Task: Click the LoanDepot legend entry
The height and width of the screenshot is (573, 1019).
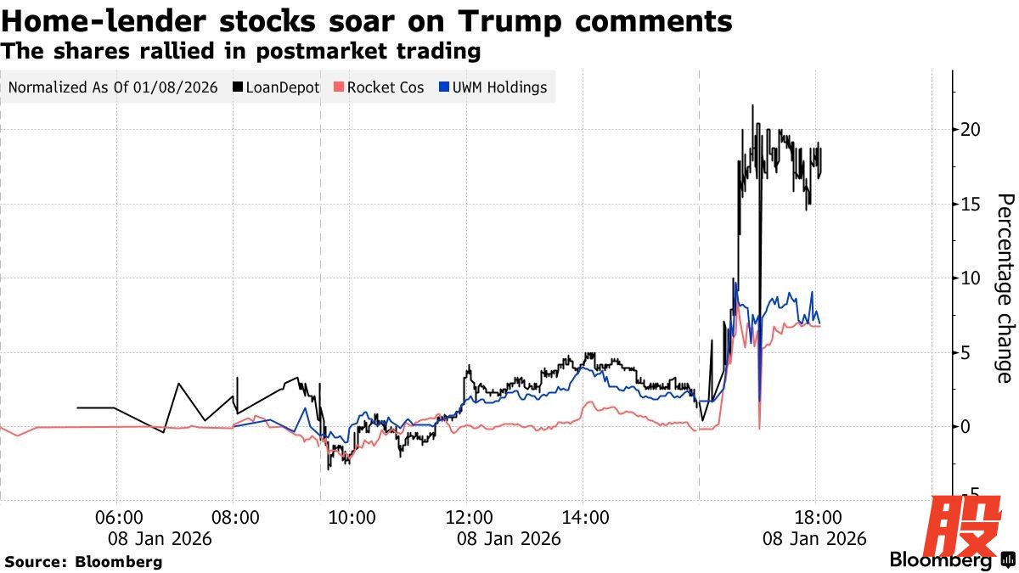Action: point(281,87)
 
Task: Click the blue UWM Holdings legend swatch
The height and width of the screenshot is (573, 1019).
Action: point(444,87)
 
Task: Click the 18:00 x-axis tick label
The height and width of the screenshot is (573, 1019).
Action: point(817,517)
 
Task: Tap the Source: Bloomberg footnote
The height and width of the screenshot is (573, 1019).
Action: point(83,561)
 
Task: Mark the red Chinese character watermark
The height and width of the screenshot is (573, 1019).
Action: point(962,528)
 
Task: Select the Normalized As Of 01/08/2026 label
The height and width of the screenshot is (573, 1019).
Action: point(113,87)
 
